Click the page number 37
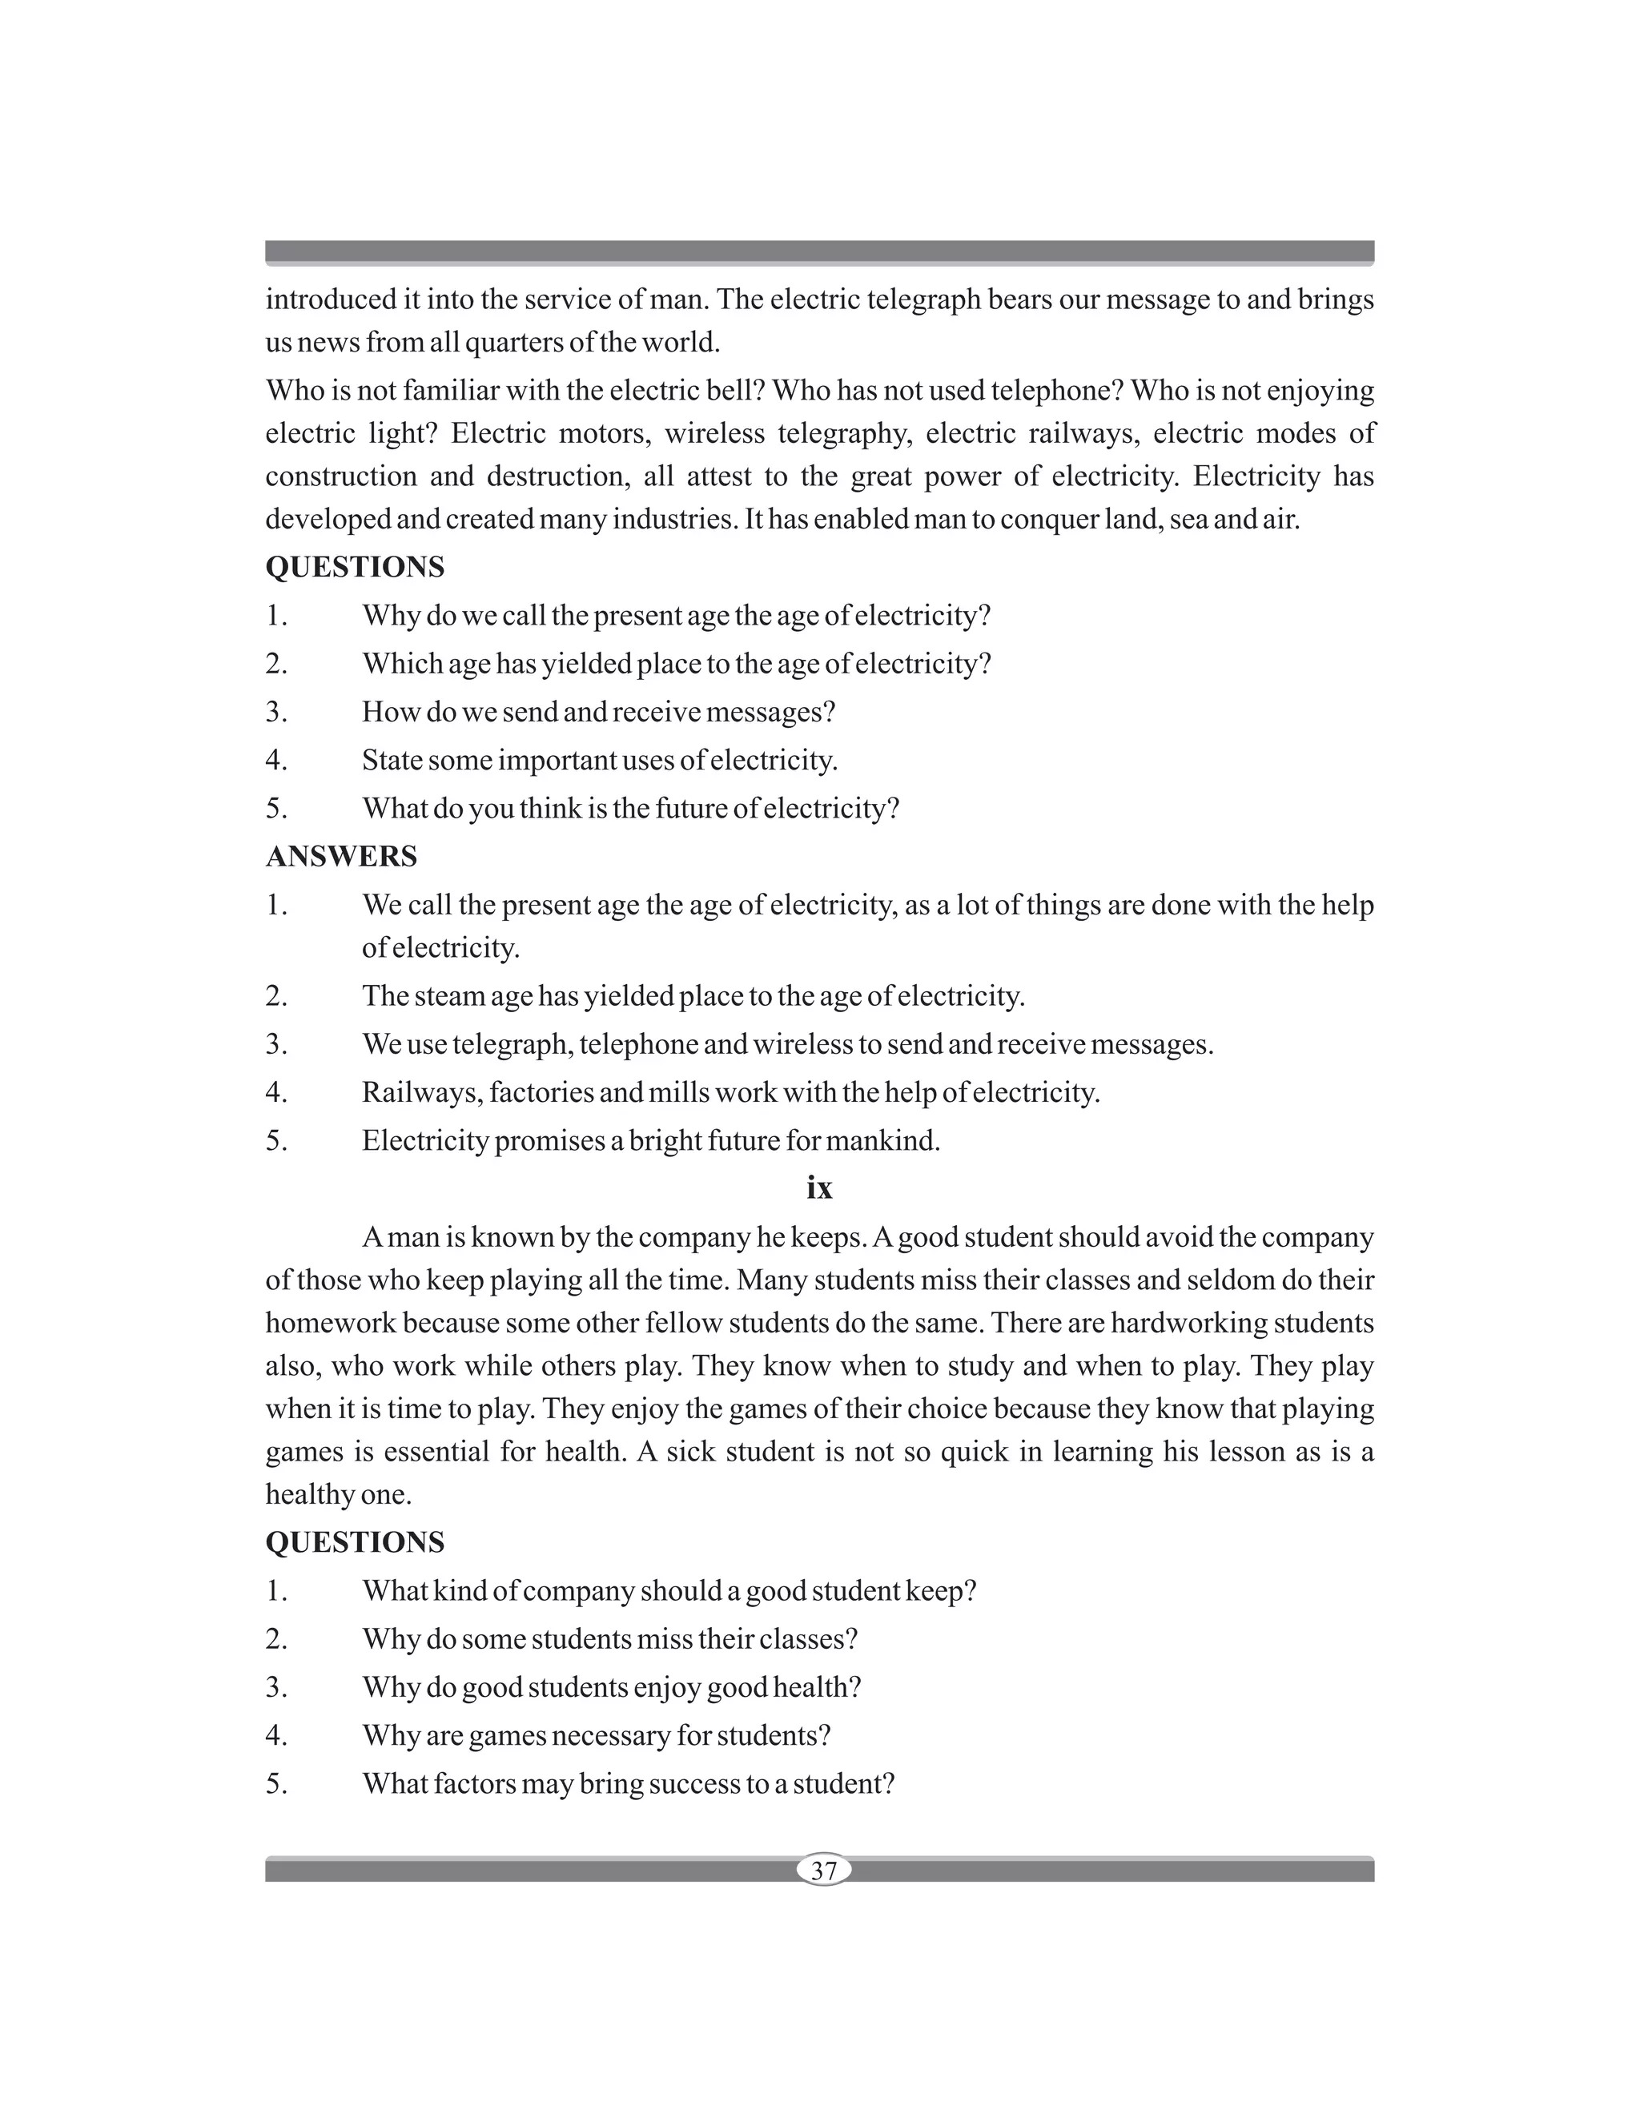tap(823, 1871)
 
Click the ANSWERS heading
tap(341, 857)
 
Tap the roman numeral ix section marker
tap(819, 1188)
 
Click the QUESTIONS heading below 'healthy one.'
tap(355, 1543)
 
